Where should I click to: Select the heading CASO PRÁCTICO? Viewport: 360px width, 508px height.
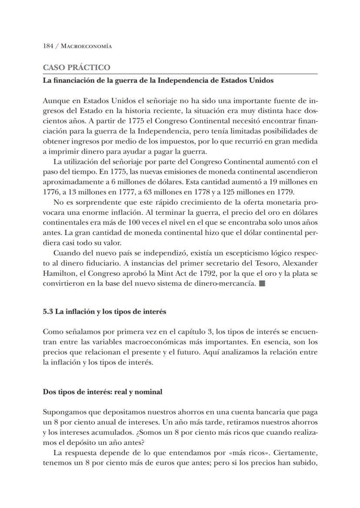(x=76, y=67)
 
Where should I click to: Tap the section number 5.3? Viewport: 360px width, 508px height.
(x=48, y=311)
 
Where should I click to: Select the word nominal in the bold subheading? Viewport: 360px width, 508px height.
(x=148, y=392)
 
